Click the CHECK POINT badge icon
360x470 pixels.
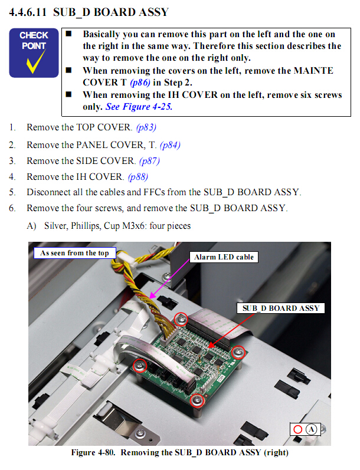coord(34,52)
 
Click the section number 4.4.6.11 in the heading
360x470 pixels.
coord(28,12)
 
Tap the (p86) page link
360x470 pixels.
coord(140,83)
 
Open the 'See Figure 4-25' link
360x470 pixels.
coord(139,107)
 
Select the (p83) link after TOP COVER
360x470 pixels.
coord(146,127)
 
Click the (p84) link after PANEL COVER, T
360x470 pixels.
coord(170,145)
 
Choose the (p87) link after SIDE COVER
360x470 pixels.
coord(149,161)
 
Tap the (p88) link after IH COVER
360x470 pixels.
coord(138,177)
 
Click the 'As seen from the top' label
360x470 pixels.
coord(75,253)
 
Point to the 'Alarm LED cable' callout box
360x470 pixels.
coord(224,257)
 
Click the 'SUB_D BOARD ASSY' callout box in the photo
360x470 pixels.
coord(281,308)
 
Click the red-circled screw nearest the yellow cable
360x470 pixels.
coord(181,320)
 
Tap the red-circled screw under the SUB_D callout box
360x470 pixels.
coord(238,353)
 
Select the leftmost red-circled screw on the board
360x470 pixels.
coord(140,365)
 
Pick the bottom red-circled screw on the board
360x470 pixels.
coord(197,400)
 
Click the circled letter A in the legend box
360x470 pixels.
coord(312,429)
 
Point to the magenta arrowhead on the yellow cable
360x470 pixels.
coord(152,295)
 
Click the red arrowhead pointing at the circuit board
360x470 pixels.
coord(211,345)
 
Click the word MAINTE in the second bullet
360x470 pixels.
coord(313,71)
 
